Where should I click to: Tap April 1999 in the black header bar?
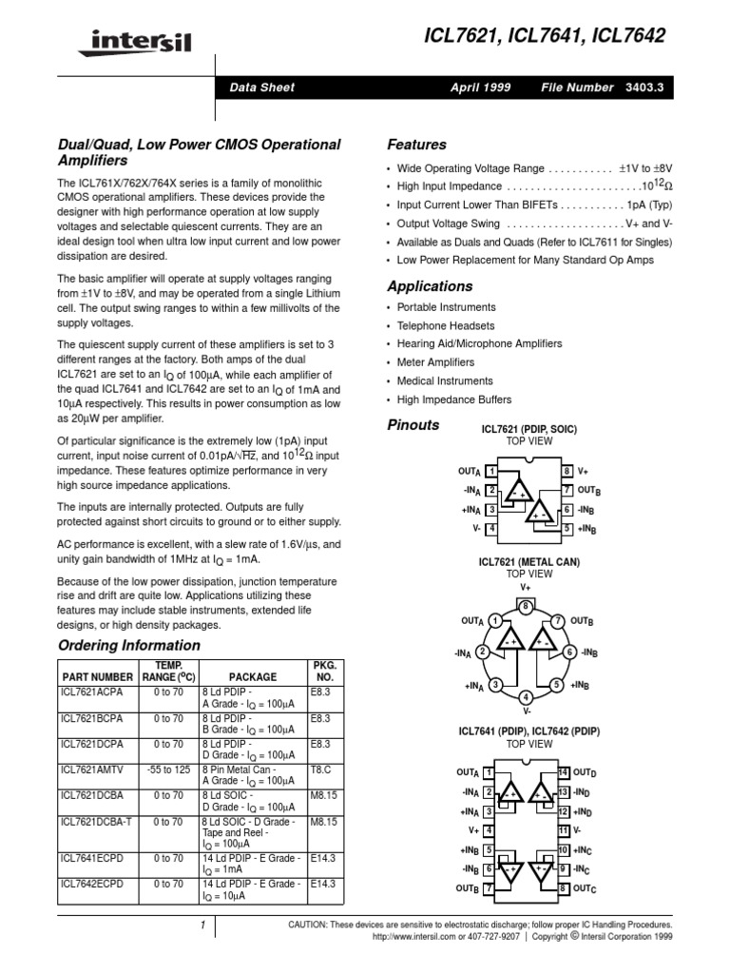click(480, 88)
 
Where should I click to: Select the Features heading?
click(416, 145)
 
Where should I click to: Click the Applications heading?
click(430, 285)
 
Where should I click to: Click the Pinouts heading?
click(413, 425)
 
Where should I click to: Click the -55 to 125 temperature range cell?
click(166, 768)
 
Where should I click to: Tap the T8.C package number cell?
click(320, 768)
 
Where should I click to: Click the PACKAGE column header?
click(252, 676)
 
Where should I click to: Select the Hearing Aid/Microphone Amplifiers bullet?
click(479, 343)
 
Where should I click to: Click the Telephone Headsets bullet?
click(446, 325)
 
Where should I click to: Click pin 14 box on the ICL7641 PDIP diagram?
click(564, 771)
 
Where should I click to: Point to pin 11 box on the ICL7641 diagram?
click(564, 829)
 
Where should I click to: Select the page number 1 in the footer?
click(202, 925)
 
